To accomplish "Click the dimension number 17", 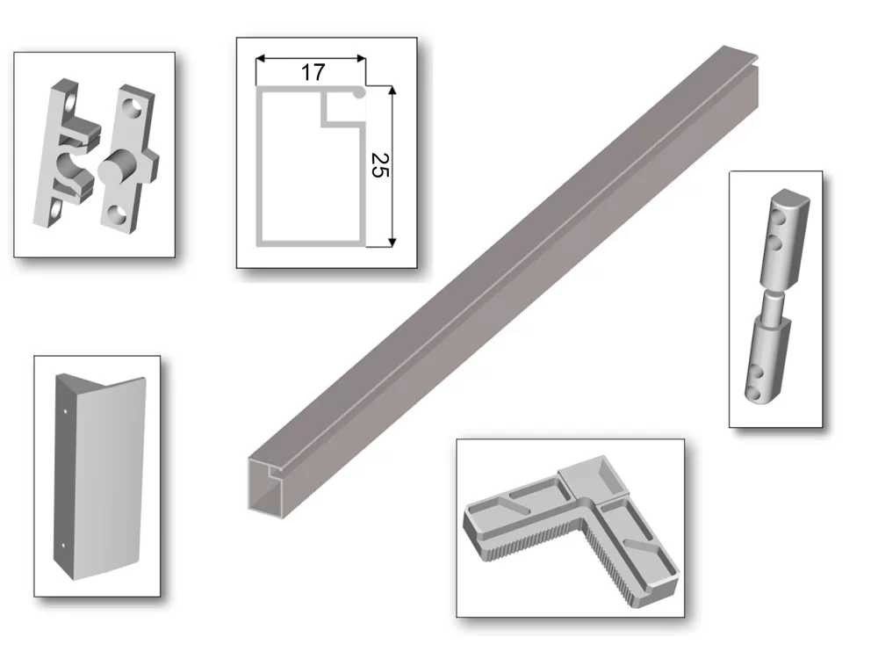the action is [313, 72].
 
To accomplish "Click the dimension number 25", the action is [380, 165].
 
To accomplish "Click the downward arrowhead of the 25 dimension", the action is [392, 242].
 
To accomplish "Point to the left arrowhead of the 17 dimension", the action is [260, 58].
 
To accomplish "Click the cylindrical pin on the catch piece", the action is [116, 166].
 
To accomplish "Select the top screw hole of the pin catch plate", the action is [133, 107].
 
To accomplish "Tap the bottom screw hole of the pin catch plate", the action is [117, 214].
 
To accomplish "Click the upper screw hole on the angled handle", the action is [66, 412].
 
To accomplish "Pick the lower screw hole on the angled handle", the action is [62, 545].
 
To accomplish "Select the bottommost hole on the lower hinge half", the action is [752, 394].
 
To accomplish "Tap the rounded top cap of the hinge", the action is [789, 196].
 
